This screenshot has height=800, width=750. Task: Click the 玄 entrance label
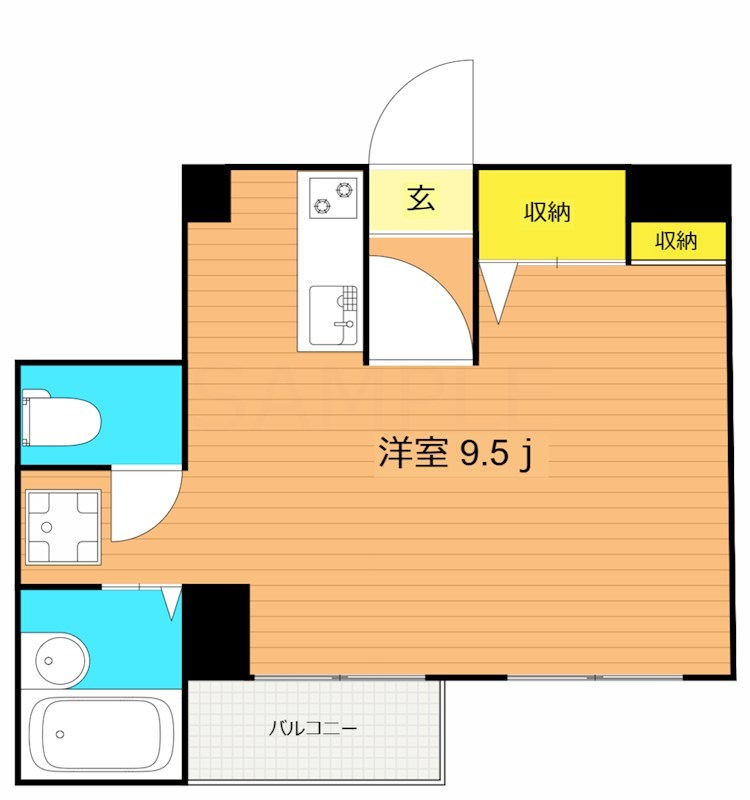[x=420, y=200]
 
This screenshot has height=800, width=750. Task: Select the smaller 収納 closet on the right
[x=676, y=241]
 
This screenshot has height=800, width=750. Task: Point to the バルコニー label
[x=312, y=729]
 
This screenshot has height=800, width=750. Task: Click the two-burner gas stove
[x=332, y=196]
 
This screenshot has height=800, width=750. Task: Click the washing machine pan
[x=62, y=527]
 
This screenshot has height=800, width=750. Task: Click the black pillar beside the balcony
[x=216, y=631]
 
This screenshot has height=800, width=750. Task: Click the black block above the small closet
[x=677, y=194]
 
